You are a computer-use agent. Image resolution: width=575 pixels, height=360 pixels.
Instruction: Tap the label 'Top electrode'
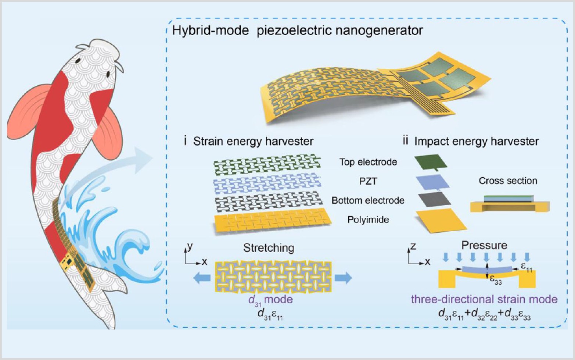click(368, 162)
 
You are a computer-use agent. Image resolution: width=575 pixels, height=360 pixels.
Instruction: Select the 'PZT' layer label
click(368, 181)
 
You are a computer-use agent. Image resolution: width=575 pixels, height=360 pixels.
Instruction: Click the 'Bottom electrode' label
click(368, 200)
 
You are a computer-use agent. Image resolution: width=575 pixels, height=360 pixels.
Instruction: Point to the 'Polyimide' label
click(368, 220)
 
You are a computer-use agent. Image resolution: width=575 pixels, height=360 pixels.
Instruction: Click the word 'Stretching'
click(269, 248)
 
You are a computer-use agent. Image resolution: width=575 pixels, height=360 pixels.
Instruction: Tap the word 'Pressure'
click(484, 245)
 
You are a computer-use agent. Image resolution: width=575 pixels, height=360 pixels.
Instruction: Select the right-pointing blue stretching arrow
click(343, 278)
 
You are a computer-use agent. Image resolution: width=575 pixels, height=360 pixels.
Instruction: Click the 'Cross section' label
click(508, 181)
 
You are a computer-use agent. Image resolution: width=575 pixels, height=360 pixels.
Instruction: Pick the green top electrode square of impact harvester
click(431, 162)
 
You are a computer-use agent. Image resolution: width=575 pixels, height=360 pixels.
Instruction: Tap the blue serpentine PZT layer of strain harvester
click(267, 184)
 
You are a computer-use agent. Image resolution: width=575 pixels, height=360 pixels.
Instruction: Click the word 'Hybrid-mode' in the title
click(211, 31)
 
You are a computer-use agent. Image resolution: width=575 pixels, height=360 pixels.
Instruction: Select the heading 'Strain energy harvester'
click(253, 141)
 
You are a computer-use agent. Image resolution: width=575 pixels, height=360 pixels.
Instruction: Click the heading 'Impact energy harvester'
click(476, 141)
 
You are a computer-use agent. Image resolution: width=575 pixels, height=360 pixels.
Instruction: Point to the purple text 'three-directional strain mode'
click(484, 299)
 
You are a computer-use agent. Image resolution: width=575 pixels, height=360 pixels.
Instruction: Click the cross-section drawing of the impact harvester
click(510, 204)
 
